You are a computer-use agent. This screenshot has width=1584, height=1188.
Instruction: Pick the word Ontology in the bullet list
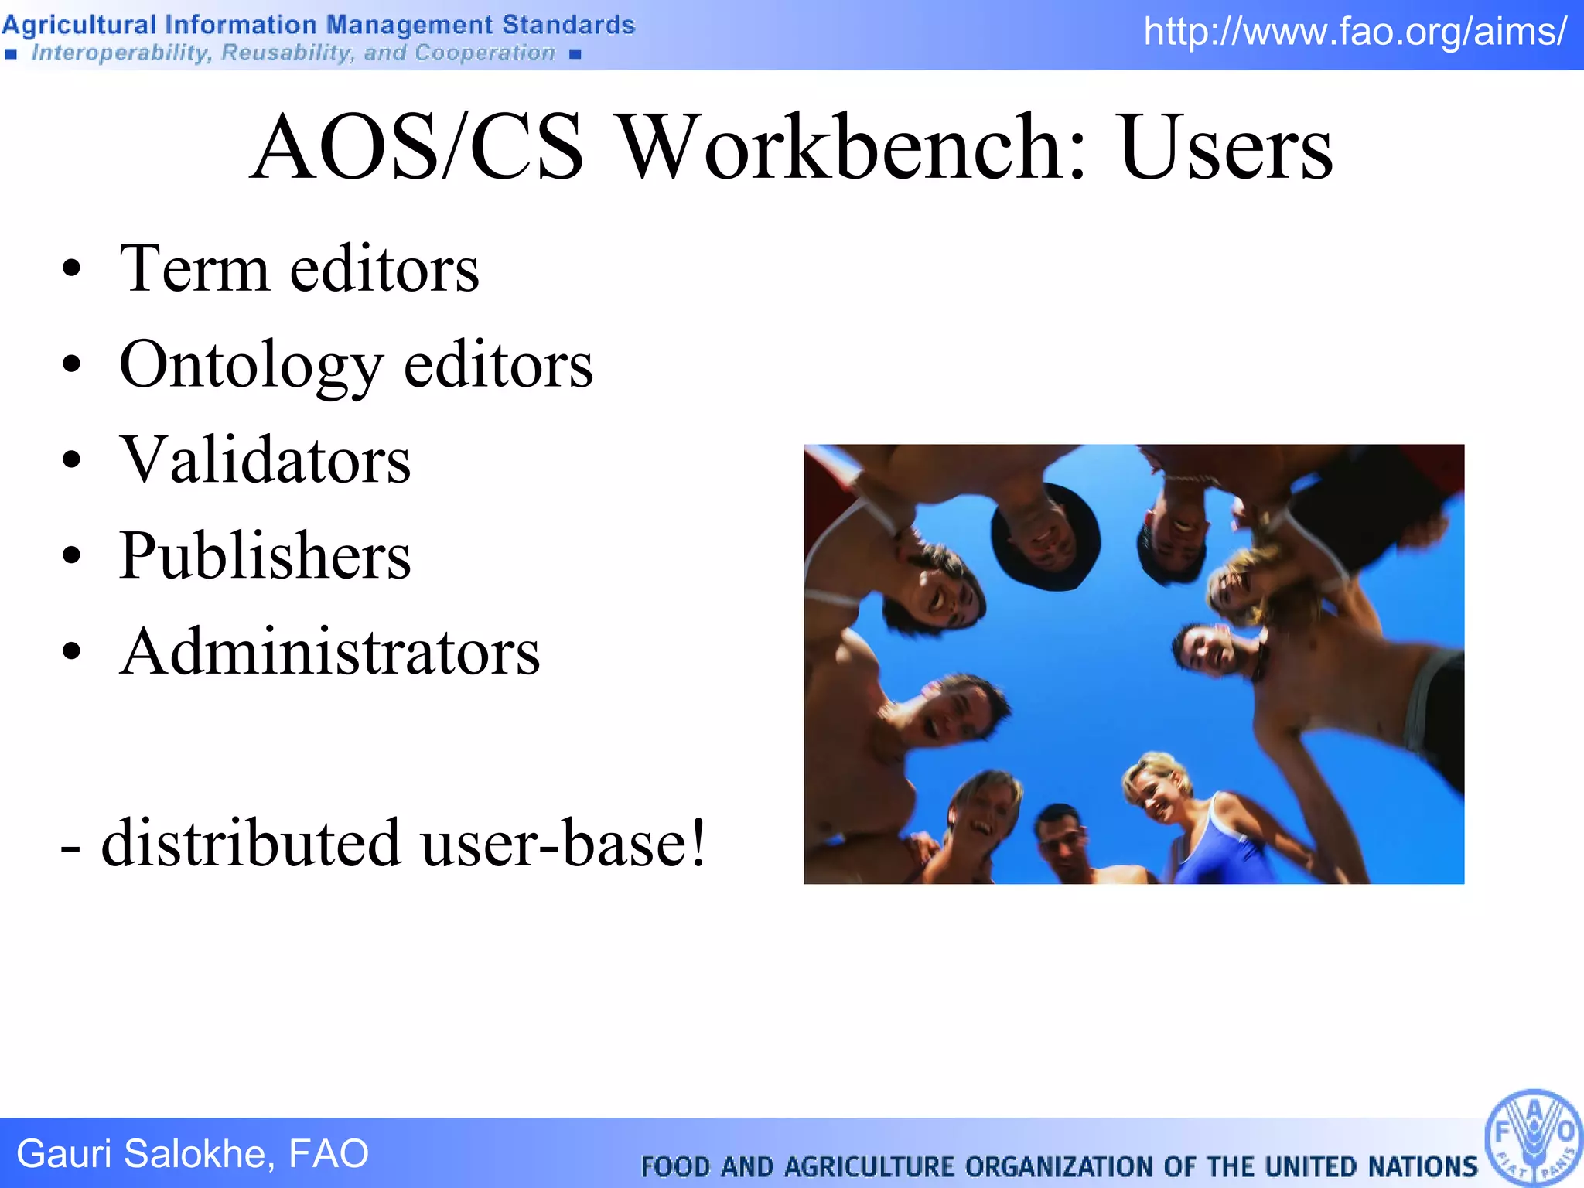click(x=251, y=367)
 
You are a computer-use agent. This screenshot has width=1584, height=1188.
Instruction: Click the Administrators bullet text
click(x=329, y=651)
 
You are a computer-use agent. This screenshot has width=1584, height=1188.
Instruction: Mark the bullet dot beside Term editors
click(x=72, y=269)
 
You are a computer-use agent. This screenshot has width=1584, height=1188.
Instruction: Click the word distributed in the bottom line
click(x=251, y=842)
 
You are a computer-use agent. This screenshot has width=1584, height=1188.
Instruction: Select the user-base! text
click(x=563, y=842)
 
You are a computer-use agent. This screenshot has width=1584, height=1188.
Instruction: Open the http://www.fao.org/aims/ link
click(x=1355, y=32)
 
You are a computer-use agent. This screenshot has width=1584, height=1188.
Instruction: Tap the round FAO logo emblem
click(x=1534, y=1137)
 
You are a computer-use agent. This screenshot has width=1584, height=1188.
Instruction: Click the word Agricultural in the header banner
click(x=79, y=25)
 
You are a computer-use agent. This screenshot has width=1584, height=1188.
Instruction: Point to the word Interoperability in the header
click(x=121, y=53)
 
